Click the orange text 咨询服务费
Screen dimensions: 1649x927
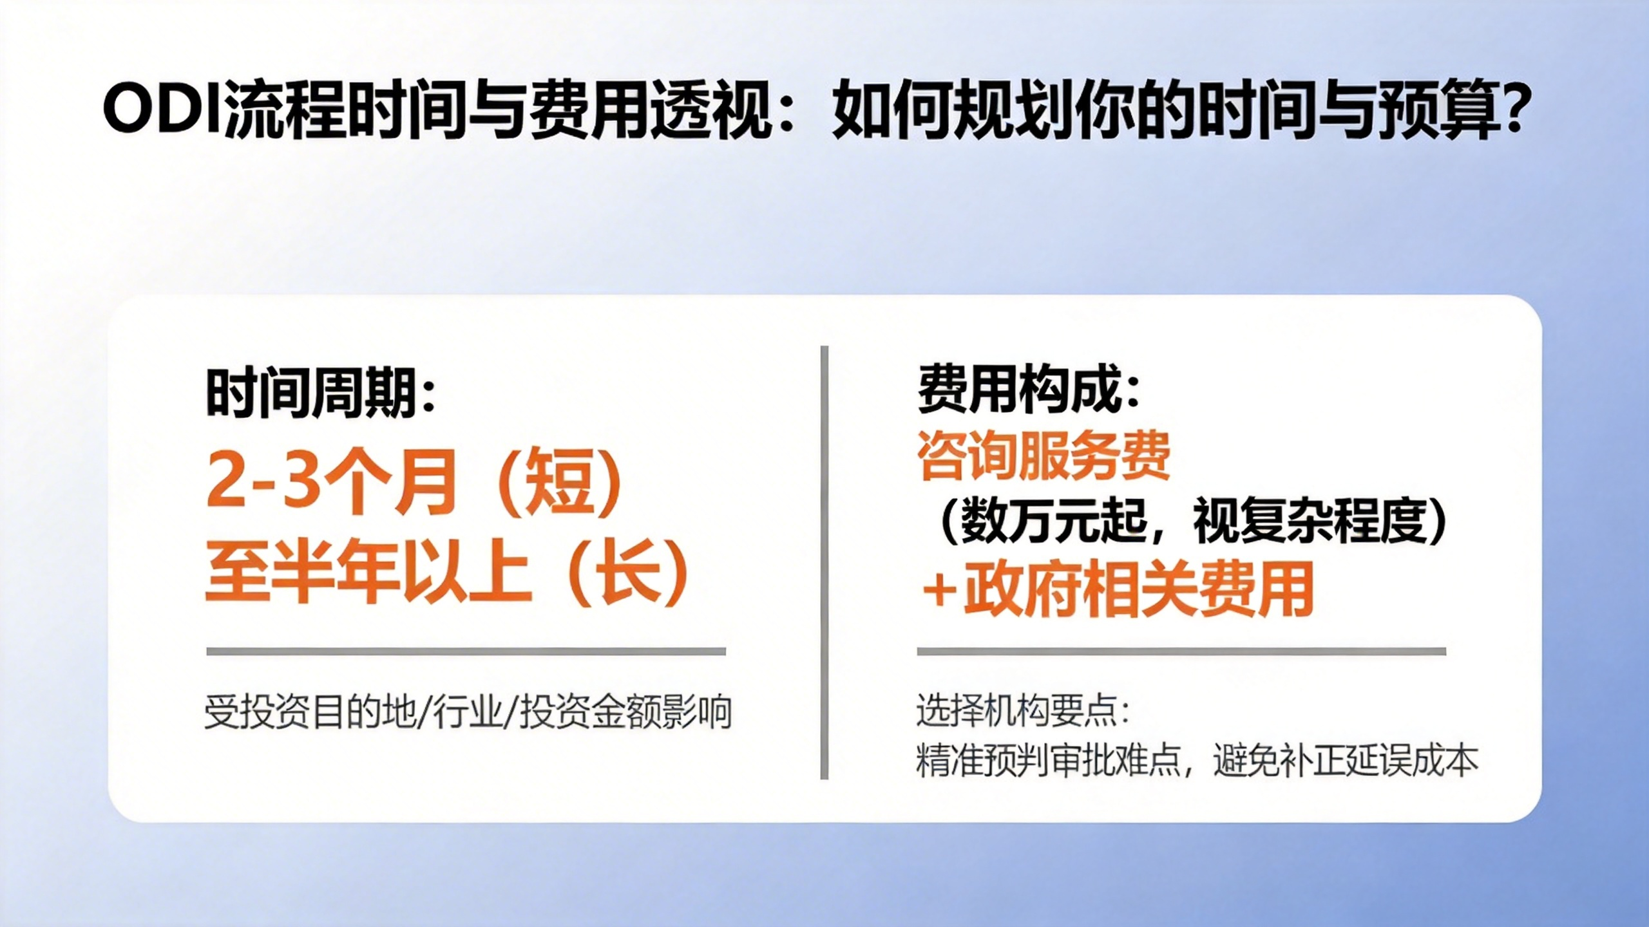tap(1044, 455)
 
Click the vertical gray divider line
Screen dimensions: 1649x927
tap(824, 563)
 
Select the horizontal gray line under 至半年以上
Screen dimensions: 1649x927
tap(466, 651)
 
